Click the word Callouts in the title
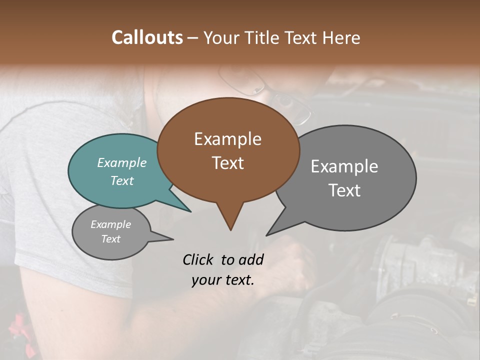147,37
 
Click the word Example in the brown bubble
227,139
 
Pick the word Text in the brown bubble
227,163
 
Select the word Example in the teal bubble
122,162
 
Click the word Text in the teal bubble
122,180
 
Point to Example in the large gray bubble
344,166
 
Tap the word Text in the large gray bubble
344,190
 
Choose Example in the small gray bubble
111,224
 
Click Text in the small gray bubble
111,238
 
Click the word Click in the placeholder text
198,259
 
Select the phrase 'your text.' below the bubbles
223,279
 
